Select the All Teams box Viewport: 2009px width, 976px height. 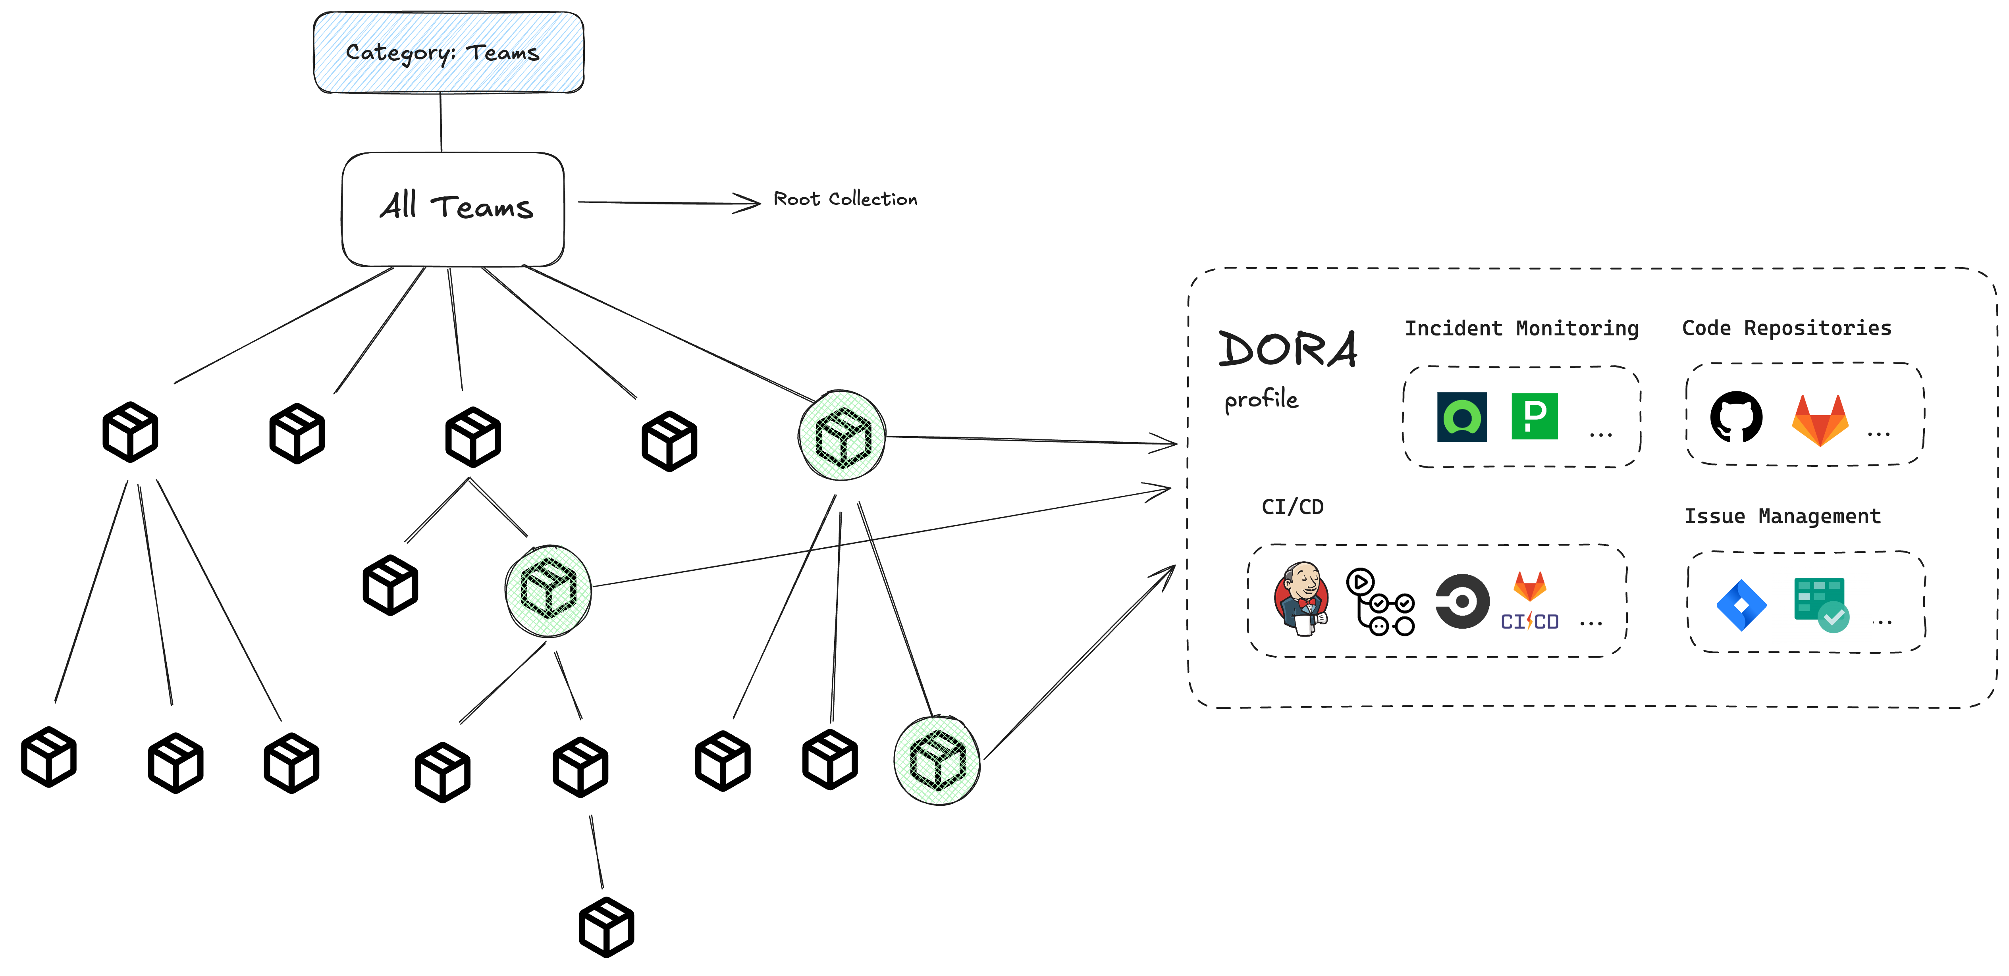pos(453,208)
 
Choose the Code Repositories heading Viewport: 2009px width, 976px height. pos(1786,328)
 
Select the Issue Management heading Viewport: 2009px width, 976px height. pos(1782,516)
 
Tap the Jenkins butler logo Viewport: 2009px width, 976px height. pos(1301,599)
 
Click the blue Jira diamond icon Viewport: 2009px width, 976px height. pos(1741,605)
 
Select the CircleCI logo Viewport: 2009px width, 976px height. pos(1462,601)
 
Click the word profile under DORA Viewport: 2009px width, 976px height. pos(1261,399)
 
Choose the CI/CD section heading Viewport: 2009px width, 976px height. pos(1292,507)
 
